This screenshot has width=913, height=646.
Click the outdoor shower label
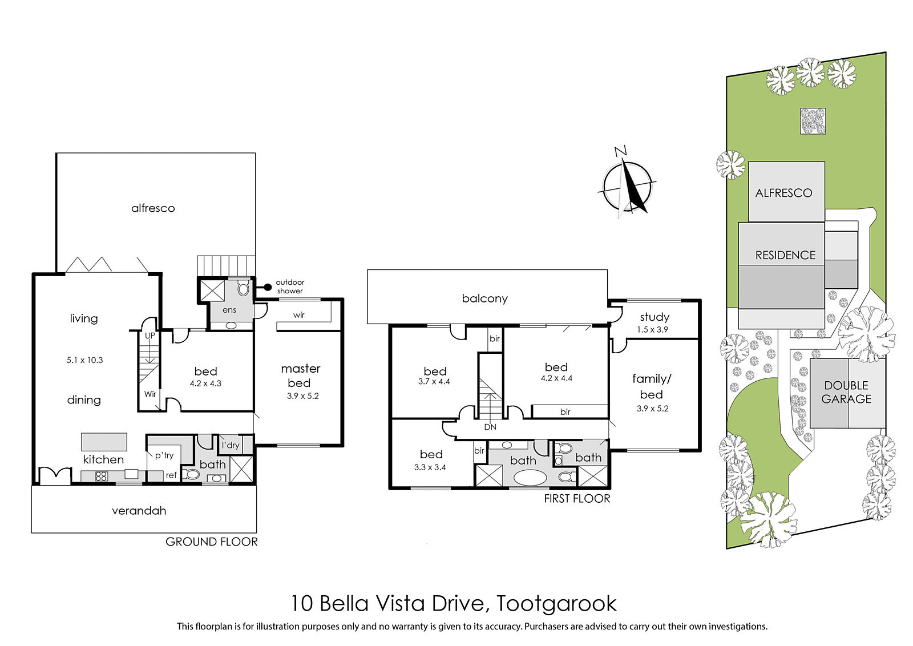(x=289, y=286)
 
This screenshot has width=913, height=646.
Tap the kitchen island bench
(x=104, y=442)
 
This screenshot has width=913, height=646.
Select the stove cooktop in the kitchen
(x=101, y=476)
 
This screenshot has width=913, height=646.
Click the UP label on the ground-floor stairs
(x=150, y=336)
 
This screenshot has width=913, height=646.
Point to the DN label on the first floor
(x=490, y=427)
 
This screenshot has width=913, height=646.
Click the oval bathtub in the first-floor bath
(x=530, y=478)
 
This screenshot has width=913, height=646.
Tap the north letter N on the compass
(x=620, y=151)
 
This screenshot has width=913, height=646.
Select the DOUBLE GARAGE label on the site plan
(x=846, y=392)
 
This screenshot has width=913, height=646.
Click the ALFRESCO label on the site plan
(x=784, y=193)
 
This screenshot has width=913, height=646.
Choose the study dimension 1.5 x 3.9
(x=653, y=329)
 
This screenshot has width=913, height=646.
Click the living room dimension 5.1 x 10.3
(x=85, y=360)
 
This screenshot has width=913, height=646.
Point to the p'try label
(x=164, y=455)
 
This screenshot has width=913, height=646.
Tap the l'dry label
(x=231, y=445)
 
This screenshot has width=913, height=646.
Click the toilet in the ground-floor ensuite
(x=243, y=289)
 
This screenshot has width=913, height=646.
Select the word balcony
(x=484, y=299)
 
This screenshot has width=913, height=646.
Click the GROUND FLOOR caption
(x=212, y=542)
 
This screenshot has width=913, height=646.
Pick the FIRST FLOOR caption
(x=577, y=498)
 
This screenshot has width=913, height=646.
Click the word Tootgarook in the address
(x=556, y=604)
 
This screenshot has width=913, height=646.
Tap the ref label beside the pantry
(x=171, y=475)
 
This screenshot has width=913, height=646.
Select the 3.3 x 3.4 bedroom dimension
(x=430, y=467)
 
